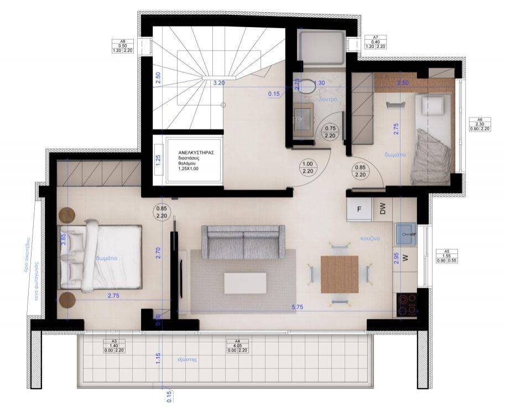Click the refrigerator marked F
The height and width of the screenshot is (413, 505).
(360, 208)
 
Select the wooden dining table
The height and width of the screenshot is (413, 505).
(340, 274)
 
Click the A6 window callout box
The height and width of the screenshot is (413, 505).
(479, 123)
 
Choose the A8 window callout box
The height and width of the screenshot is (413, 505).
(123, 46)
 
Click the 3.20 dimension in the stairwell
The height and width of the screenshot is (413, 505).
(218, 83)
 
